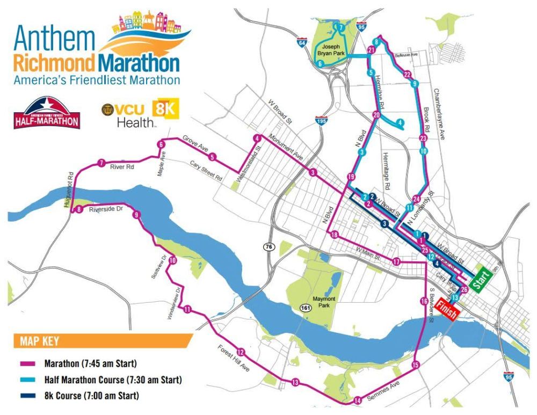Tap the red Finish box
point(447,309)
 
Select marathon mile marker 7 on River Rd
point(101,163)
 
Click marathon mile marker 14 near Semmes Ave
point(358,400)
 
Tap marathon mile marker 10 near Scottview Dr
point(172,261)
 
